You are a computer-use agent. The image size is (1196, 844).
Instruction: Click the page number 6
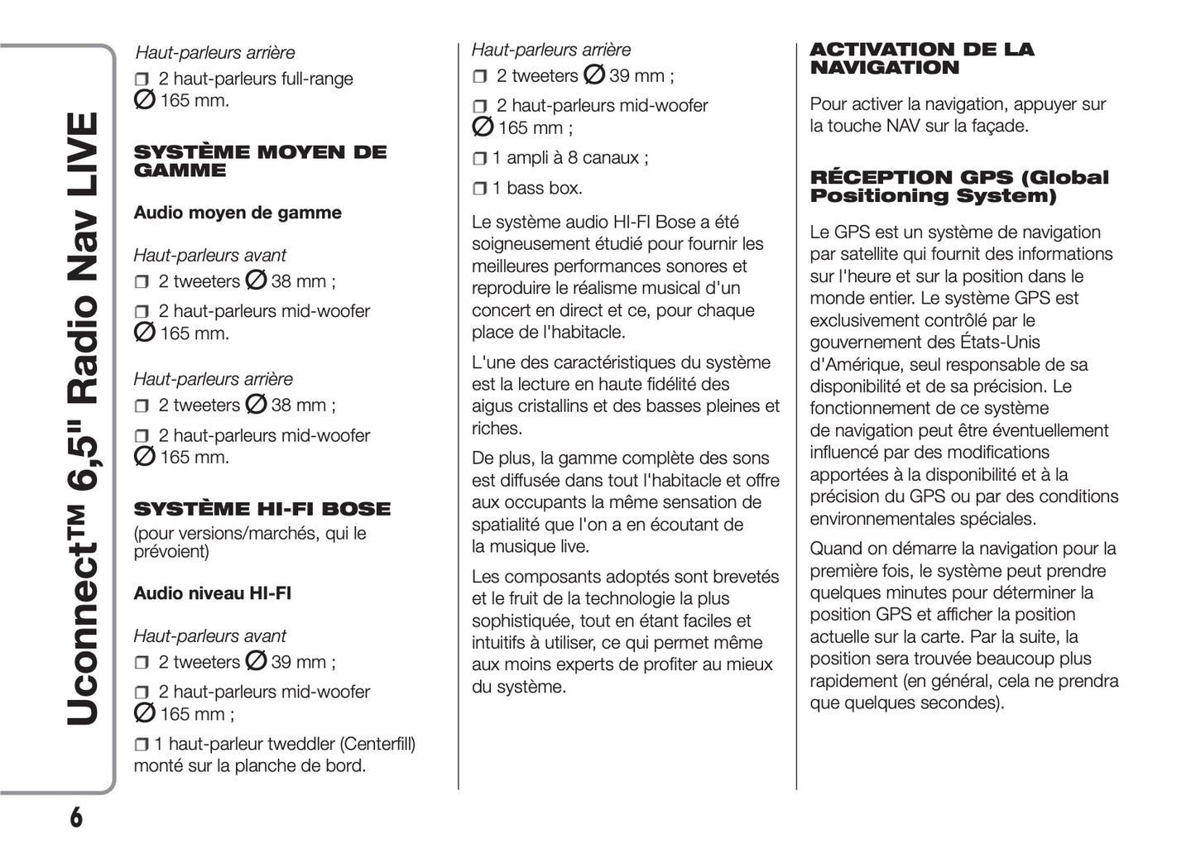(x=76, y=817)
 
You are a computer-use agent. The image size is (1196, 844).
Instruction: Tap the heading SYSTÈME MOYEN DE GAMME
(x=260, y=161)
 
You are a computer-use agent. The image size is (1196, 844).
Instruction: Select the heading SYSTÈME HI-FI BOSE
(x=262, y=509)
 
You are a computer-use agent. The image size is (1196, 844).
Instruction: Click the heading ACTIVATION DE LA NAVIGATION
(x=921, y=59)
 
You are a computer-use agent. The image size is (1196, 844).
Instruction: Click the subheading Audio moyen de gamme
(x=238, y=213)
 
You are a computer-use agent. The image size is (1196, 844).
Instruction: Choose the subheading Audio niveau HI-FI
(x=213, y=593)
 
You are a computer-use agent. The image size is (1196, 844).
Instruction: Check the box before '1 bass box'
(x=480, y=189)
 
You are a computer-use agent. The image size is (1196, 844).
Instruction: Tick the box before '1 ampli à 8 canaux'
(x=480, y=158)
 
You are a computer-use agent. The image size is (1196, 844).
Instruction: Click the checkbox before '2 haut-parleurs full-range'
(x=142, y=79)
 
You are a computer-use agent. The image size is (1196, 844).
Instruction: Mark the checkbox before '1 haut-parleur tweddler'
(x=142, y=745)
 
